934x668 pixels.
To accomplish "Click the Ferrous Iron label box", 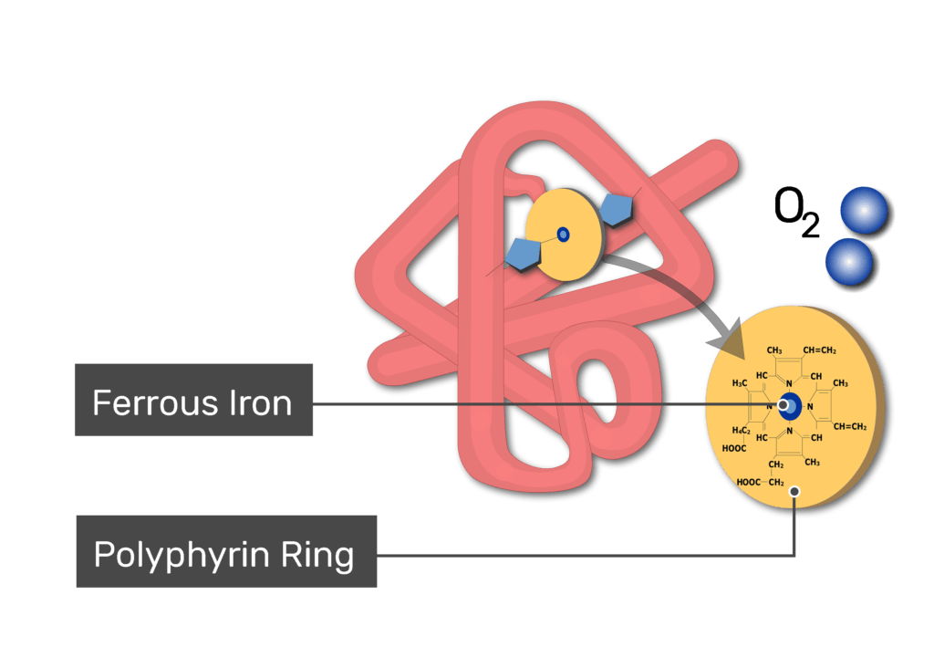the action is pos(193,400).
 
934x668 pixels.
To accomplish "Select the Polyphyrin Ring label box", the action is pos(226,551).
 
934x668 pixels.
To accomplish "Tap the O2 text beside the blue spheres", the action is pos(796,212).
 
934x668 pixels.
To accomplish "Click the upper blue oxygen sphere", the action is pos(864,211).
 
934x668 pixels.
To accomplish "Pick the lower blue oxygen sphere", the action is pos(849,262).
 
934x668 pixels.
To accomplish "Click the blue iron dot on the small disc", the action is pos(563,235).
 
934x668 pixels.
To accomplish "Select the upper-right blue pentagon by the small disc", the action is pos(616,209).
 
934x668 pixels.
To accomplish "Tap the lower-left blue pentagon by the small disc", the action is pos(524,255).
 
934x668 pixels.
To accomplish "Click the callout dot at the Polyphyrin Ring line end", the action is pos(794,491).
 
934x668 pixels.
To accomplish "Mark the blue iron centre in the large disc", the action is pos(790,406).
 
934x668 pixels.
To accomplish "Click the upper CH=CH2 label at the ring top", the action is pos(819,350).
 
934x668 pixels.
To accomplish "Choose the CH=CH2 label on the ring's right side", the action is pos(849,426).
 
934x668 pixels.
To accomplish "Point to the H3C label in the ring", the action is pos(739,382).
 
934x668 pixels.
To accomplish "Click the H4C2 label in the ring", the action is pos(741,430).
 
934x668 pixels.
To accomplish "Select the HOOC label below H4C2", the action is pos(734,448).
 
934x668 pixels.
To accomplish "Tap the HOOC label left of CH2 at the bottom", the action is pos(748,482).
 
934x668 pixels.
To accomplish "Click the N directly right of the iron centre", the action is pos(810,406).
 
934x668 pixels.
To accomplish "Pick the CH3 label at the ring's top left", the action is pos(773,350).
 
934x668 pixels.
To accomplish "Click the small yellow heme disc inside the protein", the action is pos(563,235).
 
